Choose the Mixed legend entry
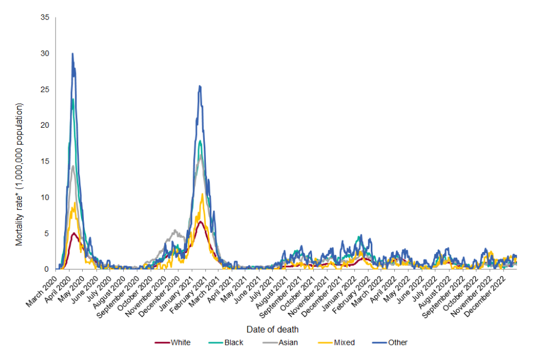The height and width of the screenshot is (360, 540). (343, 343)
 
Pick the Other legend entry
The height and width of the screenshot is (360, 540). (397, 343)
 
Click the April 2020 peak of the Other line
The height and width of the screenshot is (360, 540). (73, 54)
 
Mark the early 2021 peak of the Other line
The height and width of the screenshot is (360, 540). (199, 86)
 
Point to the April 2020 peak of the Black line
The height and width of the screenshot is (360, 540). (73, 100)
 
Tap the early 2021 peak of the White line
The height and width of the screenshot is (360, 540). (200, 222)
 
